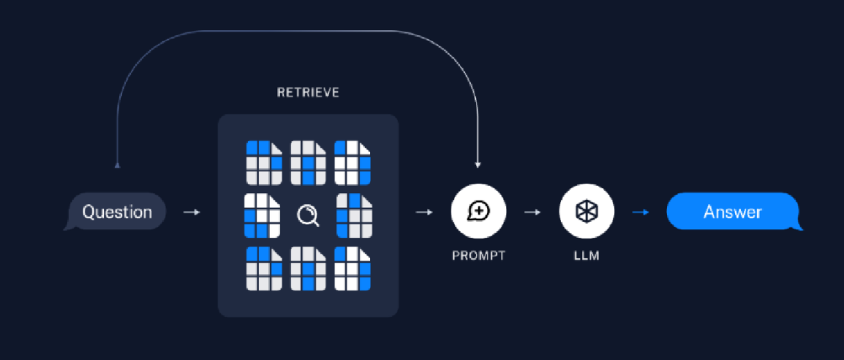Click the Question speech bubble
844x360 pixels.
coord(117,212)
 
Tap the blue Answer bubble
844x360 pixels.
coord(732,212)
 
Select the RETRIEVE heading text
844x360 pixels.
coord(308,93)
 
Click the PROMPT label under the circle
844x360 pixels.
coord(479,256)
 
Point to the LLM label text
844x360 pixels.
coord(587,256)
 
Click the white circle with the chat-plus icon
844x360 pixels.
coord(479,211)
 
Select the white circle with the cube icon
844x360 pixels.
coord(587,211)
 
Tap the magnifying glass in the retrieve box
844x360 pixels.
coord(308,215)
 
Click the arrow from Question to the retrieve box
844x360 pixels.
coord(191,212)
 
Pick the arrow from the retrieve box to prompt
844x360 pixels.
coord(423,212)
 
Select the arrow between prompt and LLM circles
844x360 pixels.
coord(532,212)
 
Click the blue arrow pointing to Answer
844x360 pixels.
coord(641,212)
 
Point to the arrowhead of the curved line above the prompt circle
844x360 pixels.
coord(478,165)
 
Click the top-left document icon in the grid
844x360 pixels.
coord(264,162)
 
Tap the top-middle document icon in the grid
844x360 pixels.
coord(308,162)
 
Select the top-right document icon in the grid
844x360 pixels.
coord(353,162)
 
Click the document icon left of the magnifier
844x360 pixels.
coord(262,215)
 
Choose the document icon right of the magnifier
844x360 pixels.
coord(354,215)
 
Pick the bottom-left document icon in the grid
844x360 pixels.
coord(264,269)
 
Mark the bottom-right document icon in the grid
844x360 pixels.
coord(353,269)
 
